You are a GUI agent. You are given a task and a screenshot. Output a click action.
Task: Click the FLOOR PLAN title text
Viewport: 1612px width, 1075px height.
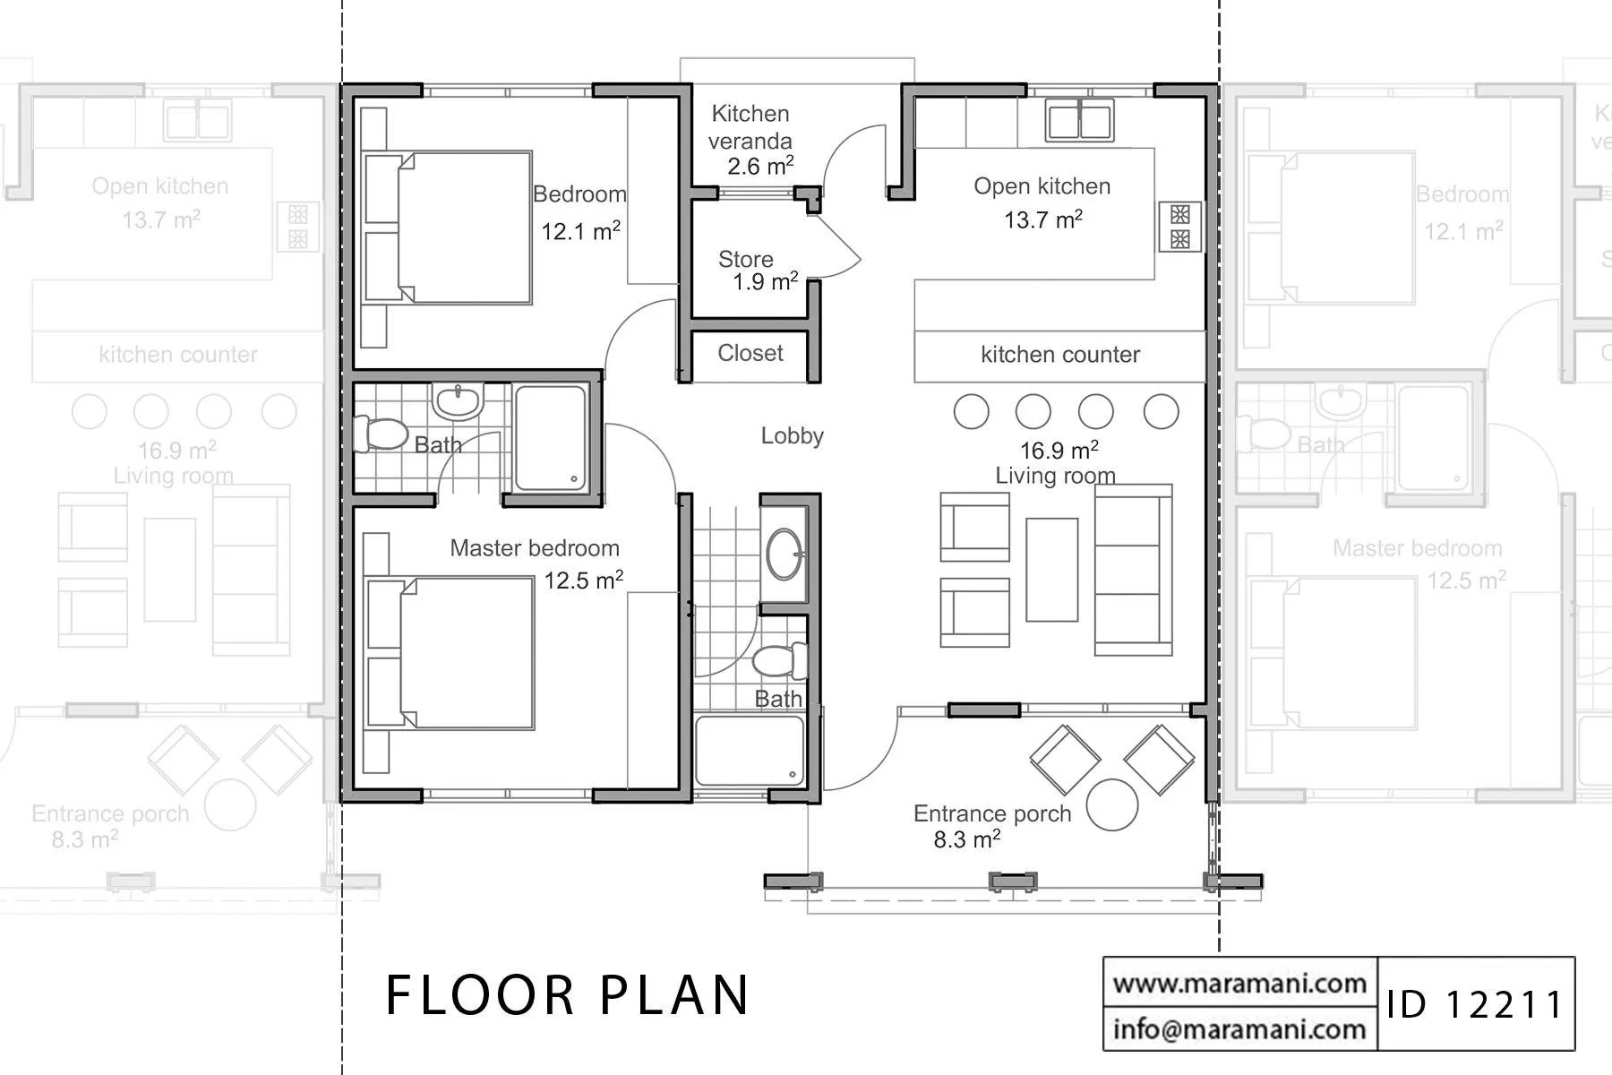tap(567, 994)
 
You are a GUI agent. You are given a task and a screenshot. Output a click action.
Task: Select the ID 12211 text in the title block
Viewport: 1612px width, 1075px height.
tap(1475, 1004)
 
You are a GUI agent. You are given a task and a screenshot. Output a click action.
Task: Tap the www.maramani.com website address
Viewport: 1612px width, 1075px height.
tap(1239, 983)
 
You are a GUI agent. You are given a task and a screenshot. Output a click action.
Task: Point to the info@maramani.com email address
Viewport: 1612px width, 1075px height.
tap(1239, 1028)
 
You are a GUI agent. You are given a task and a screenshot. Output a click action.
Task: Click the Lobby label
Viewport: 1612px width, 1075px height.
tap(793, 436)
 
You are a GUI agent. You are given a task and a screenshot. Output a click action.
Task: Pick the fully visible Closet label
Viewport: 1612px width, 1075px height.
tap(750, 353)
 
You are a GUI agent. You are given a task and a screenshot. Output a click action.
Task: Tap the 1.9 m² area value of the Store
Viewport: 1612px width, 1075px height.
tap(765, 282)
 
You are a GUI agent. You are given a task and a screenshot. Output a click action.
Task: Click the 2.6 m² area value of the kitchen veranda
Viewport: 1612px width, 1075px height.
tap(760, 166)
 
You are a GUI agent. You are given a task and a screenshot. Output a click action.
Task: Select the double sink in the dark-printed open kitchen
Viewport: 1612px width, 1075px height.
tap(1080, 120)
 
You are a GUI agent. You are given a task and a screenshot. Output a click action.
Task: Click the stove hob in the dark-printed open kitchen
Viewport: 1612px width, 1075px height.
tap(1180, 227)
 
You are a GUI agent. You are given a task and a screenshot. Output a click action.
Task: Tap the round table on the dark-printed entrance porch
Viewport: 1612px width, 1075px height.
tap(1112, 805)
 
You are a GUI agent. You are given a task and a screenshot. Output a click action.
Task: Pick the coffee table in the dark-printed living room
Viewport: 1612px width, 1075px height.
tap(1052, 570)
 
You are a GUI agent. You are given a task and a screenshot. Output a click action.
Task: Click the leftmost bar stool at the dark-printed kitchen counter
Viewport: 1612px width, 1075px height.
tap(972, 412)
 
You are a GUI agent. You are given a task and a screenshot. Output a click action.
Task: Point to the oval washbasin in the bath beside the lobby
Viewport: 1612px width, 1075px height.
tap(785, 555)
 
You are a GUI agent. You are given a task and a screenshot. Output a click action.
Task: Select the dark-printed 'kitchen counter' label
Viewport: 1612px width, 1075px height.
tap(1060, 355)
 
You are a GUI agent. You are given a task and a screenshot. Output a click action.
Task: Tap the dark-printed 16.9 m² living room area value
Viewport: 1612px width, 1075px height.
tap(1059, 450)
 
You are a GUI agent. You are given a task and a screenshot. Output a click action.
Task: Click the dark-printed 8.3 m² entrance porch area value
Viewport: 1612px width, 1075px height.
tap(967, 839)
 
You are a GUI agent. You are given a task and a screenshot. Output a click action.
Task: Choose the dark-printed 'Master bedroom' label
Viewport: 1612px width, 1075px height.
tap(535, 548)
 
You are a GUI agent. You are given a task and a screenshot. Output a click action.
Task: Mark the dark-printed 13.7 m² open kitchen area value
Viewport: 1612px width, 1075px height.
tap(1043, 219)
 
